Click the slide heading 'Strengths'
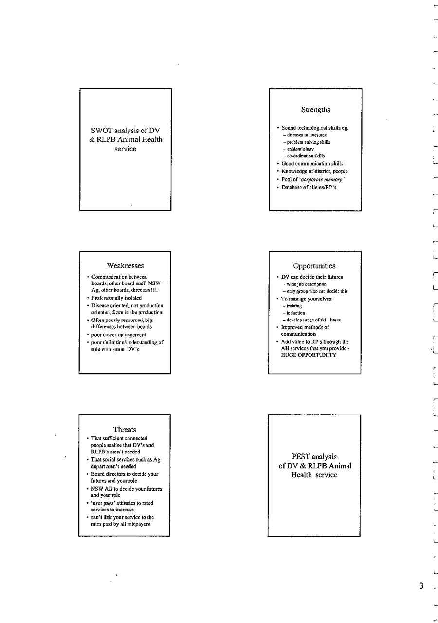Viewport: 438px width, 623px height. tap(315, 110)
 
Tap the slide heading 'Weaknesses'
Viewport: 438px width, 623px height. tap(125, 266)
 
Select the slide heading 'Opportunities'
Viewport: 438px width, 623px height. tap(314, 266)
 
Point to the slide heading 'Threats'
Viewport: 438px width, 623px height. tap(125, 429)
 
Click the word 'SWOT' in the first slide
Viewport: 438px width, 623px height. tap(102, 131)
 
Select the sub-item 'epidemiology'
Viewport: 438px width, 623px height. tap(300, 149)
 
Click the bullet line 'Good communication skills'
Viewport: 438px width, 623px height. tap(315, 163)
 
